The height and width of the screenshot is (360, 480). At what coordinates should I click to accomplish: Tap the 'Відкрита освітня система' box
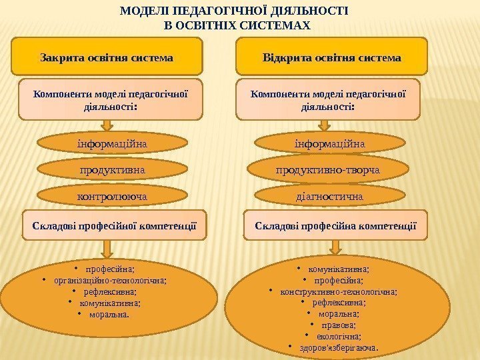click(331, 57)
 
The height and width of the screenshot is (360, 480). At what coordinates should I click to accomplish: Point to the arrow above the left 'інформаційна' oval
click(107, 125)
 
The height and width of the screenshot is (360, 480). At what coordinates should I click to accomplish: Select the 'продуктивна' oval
click(111, 171)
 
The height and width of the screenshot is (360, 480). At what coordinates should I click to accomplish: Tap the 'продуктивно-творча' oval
click(328, 171)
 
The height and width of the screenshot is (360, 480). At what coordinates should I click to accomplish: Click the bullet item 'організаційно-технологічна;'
click(111, 281)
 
